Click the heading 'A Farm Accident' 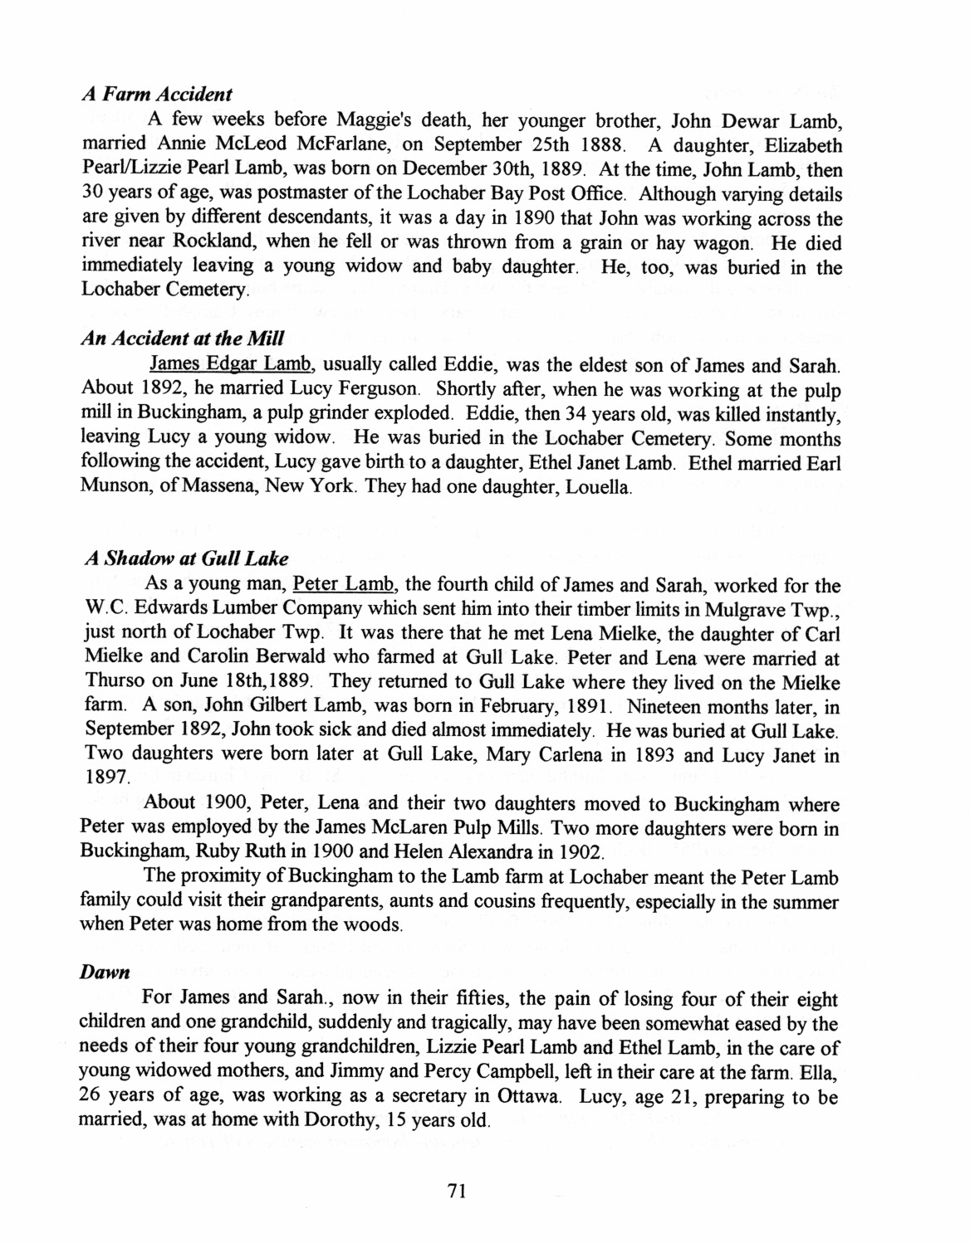[x=157, y=95]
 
